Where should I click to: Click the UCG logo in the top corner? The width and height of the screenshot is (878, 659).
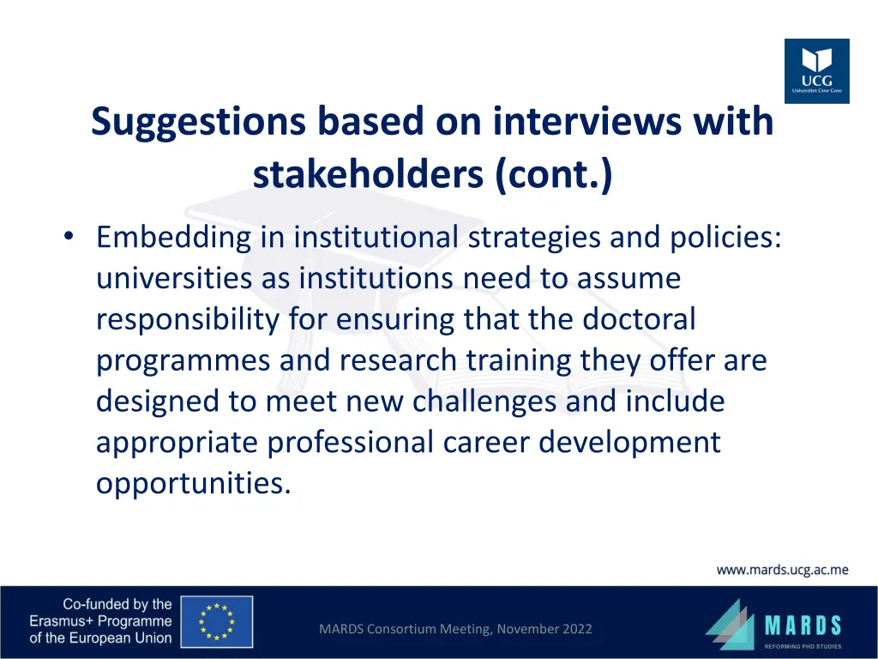[x=816, y=71]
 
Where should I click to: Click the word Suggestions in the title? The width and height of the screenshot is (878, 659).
[x=198, y=122]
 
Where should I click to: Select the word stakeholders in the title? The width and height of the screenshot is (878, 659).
[x=369, y=175]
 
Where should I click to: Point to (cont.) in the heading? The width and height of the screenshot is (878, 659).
[x=554, y=175]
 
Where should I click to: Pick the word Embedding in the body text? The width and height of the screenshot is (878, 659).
[x=174, y=236]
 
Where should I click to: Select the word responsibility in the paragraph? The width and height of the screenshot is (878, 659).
[x=187, y=319]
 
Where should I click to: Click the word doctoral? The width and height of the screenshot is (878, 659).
[x=640, y=319]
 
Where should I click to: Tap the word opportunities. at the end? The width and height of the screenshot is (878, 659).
[x=193, y=484]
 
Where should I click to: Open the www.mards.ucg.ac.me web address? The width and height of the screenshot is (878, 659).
[x=782, y=570]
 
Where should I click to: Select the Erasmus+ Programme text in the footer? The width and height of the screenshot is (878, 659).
[x=100, y=621]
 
